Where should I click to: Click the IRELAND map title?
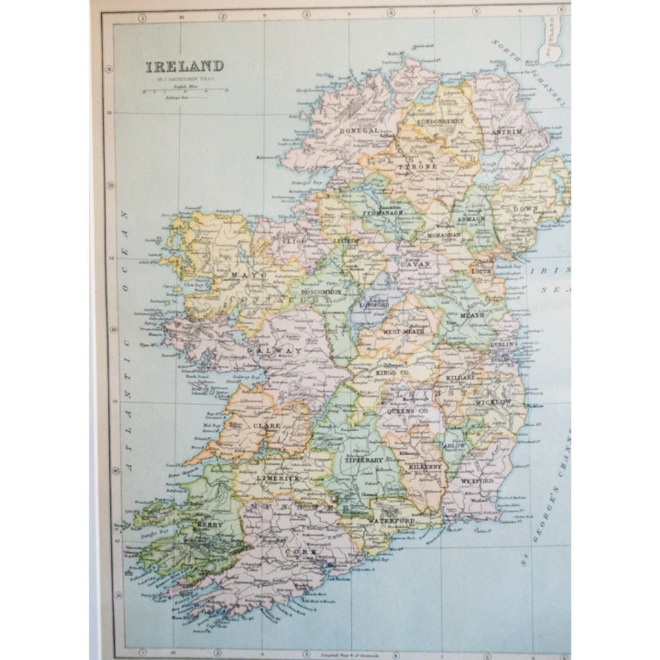184,67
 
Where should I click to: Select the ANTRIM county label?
507,131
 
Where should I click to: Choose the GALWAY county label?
278,351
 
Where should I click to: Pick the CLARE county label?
266,426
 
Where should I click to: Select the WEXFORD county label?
476,481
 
